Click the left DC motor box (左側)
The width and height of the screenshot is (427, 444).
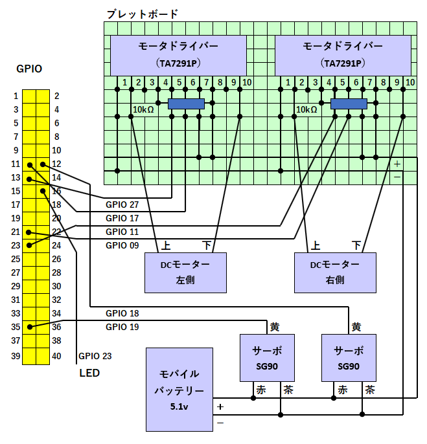185,272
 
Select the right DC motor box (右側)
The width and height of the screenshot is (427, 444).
335,272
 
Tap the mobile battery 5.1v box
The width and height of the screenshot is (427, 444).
179,390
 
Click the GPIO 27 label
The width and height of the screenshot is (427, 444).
122,205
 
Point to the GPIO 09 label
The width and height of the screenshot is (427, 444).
122,245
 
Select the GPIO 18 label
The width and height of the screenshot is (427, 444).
122,313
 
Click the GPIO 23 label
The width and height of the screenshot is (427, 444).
95,356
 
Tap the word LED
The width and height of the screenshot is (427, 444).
89,373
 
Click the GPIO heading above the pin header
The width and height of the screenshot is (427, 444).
29,69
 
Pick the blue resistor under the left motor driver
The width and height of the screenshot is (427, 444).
186,104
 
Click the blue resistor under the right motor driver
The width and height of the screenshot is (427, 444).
349,104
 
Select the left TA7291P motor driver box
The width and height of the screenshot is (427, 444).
178,55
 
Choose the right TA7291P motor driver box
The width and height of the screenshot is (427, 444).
343,55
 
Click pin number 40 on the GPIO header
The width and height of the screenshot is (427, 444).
56,356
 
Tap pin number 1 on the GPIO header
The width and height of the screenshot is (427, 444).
16,96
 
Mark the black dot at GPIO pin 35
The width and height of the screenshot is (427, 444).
30,327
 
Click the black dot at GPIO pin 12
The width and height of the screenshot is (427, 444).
43,164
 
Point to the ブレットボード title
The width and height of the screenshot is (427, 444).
142,14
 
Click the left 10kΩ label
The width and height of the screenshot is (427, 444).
143,109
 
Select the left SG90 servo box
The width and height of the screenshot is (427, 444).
267,358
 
